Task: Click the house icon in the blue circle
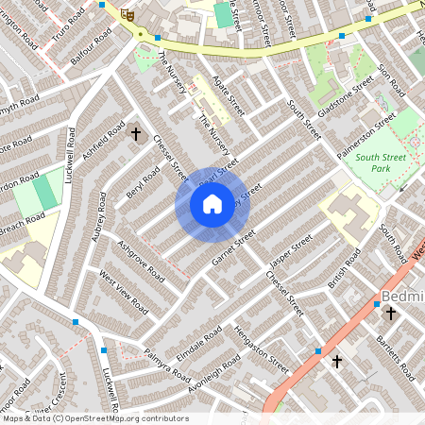pos(212,203)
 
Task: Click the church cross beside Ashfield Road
pos(135,135)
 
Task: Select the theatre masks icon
pos(127,13)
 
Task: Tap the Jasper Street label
pos(289,252)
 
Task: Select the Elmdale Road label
pos(198,347)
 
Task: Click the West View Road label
pos(124,293)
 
